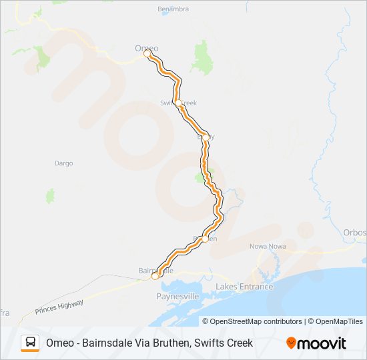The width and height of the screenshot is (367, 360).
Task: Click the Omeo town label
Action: pyautogui.click(x=146, y=48)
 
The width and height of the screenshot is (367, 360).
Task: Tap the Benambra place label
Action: pyautogui.click(x=173, y=9)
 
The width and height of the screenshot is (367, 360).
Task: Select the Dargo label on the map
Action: pyautogui.click(x=63, y=163)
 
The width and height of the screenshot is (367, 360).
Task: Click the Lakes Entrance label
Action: pyautogui.click(x=244, y=287)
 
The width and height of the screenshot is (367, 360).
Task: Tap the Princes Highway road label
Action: pyautogui.click(x=59, y=306)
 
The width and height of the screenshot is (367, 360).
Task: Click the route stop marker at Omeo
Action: pyautogui.click(x=147, y=54)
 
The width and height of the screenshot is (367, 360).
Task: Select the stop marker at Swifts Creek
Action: pyautogui.click(x=178, y=102)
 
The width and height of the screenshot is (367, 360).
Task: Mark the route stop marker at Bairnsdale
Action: pyautogui.click(x=155, y=275)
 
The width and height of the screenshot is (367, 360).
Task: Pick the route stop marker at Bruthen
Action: pyautogui.click(x=205, y=238)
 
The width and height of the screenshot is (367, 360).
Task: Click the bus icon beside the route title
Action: pyautogui.click(x=31, y=343)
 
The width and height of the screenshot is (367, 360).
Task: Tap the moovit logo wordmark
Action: pyautogui.click(x=322, y=343)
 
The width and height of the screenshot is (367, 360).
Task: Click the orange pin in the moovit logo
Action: pyautogui.click(x=291, y=343)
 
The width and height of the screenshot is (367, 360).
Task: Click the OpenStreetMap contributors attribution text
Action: pyautogui.click(x=252, y=321)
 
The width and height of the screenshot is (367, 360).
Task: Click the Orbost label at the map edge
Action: pyautogui.click(x=355, y=233)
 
